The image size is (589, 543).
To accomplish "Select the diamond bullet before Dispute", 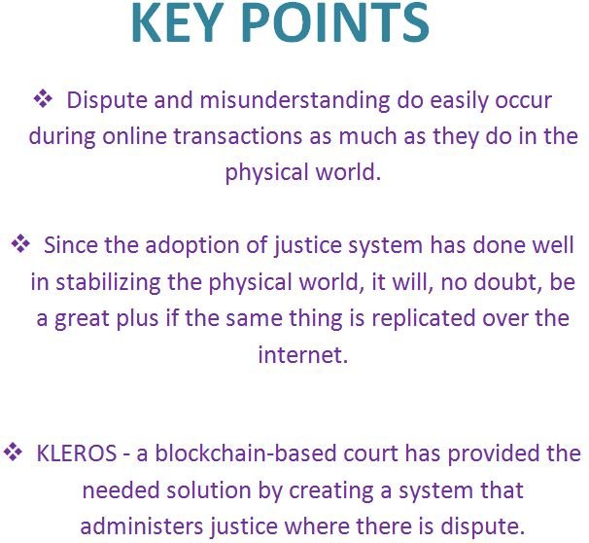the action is pos(43,99).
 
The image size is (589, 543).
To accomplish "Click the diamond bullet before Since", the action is pos(20,244).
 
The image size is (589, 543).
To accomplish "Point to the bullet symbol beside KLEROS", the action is pos(14,452).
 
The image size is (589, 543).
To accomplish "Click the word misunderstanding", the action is pos(294,101).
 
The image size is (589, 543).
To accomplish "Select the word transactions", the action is pos(237,136).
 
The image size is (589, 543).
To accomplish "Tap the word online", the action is pos(134,135).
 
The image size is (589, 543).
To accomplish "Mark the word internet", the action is pos(303,355).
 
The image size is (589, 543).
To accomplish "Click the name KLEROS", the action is pos(76,453).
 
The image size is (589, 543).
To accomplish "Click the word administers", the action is pos(142,525).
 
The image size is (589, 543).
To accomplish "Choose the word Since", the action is pos(70,245).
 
